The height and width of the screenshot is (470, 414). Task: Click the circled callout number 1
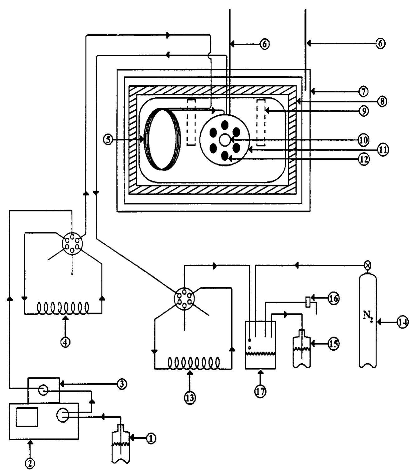tap(151, 439)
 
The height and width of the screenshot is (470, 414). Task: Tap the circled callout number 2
tap(30, 463)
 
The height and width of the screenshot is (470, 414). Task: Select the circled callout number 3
tap(122, 384)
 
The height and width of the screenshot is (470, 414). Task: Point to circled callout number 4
tap(66, 342)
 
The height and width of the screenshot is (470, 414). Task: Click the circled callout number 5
tap(108, 140)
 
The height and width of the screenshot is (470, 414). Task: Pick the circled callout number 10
tap(363, 140)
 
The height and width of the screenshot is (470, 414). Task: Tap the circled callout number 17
tap(260, 392)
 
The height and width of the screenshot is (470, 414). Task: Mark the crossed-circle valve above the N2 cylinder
tap(368, 265)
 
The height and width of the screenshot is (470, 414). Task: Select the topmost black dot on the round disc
tap(224, 125)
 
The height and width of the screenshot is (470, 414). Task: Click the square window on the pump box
tap(27, 417)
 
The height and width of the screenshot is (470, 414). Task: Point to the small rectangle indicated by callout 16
tap(308, 302)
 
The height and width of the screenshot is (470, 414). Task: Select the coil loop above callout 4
tap(63, 308)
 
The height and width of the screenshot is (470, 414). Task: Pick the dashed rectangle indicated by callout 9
tap(261, 123)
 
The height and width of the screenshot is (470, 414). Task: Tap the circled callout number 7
tap(363, 92)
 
